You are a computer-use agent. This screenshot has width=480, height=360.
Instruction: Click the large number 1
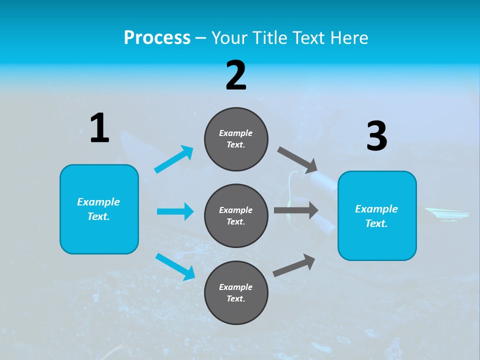[99, 128]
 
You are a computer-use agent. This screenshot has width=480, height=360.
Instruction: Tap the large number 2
[236, 75]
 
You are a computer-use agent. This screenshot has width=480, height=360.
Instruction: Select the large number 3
[376, 136]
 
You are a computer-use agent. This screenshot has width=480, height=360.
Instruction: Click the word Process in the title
[157, 37]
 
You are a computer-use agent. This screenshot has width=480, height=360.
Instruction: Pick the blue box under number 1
[99, 209]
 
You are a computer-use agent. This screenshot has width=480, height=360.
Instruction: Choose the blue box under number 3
[376, 215]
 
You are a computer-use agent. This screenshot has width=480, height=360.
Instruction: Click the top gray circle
[236, 139]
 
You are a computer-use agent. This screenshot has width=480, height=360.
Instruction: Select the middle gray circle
[236, 215]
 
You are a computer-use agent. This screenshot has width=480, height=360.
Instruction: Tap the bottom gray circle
[236, 292]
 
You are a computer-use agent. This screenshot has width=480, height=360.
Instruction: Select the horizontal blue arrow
[175, 211]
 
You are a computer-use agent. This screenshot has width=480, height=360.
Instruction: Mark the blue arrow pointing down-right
[175, 266]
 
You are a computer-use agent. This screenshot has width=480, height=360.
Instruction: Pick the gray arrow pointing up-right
[294, 265]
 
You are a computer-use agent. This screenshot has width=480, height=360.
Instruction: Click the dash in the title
[201, 38]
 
